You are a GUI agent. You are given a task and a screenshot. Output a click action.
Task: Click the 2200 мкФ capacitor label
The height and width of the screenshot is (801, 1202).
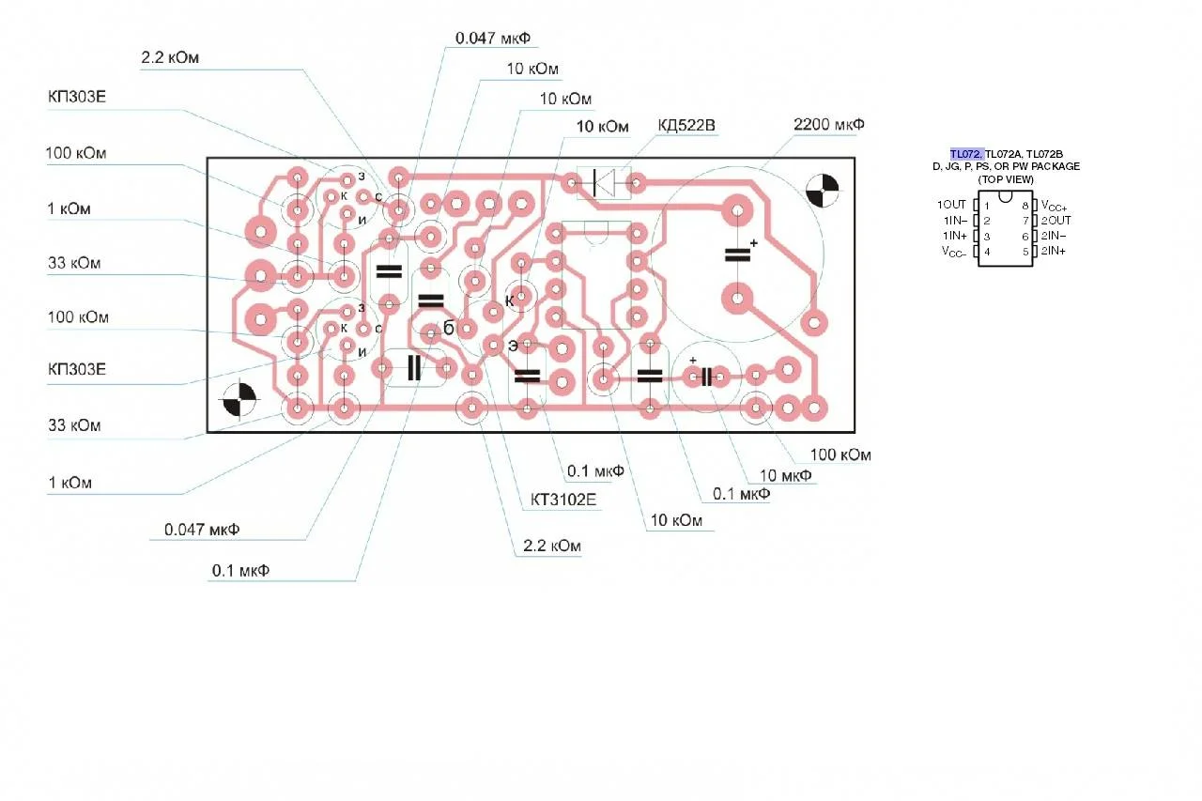pyautogui.click(x=829, y=125)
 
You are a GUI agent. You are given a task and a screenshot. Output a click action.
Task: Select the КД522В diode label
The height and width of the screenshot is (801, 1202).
pyautogui.click(x=686, y=126)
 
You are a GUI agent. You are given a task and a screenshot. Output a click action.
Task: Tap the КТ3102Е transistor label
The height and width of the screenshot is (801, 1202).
pyautogui.click(x=562, y=500)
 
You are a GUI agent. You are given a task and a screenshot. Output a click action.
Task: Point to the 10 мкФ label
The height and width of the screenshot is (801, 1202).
pyautogui.click(x=786, y=475)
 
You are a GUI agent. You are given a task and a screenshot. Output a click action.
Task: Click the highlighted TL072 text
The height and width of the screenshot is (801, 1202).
pyautogui.click(x=967, y=154)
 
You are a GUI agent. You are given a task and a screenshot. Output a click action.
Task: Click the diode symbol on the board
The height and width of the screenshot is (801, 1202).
pyautogui.click(x=603, y=183)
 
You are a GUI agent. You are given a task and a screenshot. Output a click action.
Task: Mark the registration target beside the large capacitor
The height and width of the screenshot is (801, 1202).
pyautogui.click(x=822, y=191)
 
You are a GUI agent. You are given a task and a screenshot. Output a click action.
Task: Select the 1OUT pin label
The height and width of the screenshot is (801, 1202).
pyautogui.click(x=951, y=205)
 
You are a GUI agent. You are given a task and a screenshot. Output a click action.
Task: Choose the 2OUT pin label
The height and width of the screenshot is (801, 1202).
pyautogui.click(x=1056, y=221)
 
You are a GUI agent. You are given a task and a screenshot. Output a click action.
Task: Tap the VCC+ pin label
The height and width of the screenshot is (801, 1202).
pyautogui.click(x=1054, y=206)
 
